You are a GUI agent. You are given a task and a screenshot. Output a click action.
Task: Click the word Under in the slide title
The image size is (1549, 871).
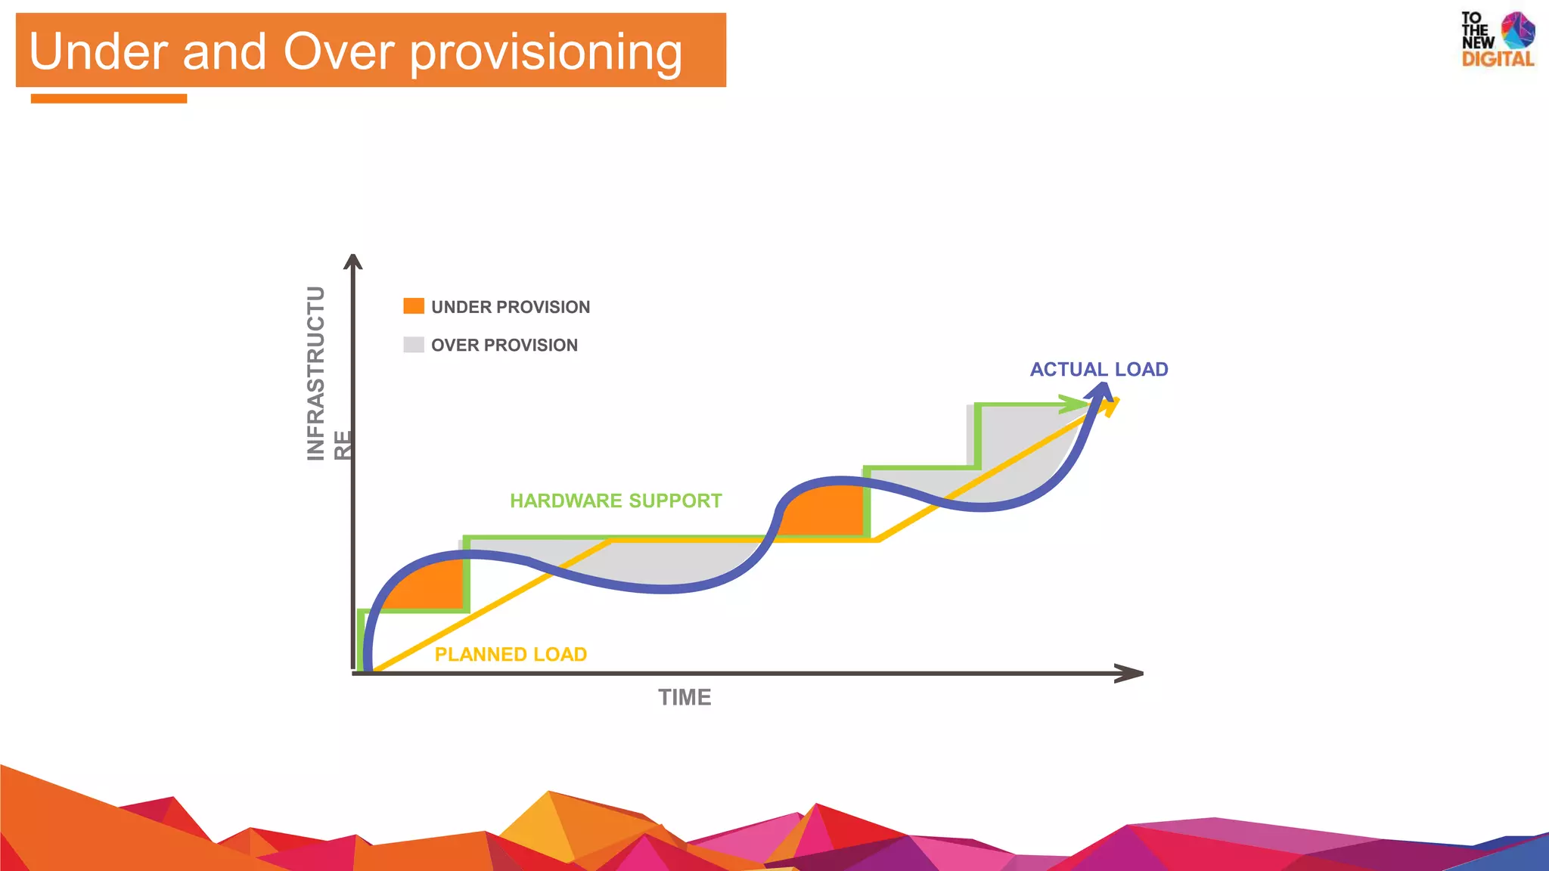(98, 51)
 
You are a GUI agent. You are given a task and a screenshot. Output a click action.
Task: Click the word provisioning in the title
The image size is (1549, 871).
(546, 53)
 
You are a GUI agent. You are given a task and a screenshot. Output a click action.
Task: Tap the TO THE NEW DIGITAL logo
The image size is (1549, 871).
(1497, 39)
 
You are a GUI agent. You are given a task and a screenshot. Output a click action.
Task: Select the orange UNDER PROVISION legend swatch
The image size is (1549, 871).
(414, 305)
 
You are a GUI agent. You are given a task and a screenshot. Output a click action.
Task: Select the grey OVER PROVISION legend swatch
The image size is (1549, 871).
(414, 345)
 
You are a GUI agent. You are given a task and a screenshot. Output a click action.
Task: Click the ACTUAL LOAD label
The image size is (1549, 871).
(1098, 369)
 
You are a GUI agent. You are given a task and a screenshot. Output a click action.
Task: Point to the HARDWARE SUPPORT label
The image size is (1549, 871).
(616, 501)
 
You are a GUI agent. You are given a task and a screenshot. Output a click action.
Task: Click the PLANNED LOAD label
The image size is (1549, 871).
(511, 654)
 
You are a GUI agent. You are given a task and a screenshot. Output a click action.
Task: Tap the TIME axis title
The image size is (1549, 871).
(684, 697)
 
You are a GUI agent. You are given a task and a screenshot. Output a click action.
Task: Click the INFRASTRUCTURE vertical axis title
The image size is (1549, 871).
(318, 374)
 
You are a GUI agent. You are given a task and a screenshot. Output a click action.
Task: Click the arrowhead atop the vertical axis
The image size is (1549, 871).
(353, 262)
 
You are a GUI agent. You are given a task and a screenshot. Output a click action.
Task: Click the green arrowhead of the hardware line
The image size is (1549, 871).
(1074, 405)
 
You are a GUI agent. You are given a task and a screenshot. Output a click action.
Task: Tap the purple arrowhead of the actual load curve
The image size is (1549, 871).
(1100, 391)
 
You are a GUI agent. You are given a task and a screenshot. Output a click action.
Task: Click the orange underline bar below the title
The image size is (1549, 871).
(109, 98)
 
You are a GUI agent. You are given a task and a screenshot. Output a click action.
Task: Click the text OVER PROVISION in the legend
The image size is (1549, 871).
(504, 345)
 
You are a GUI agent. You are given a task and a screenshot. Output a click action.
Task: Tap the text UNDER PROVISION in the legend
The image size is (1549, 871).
(511, 307)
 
